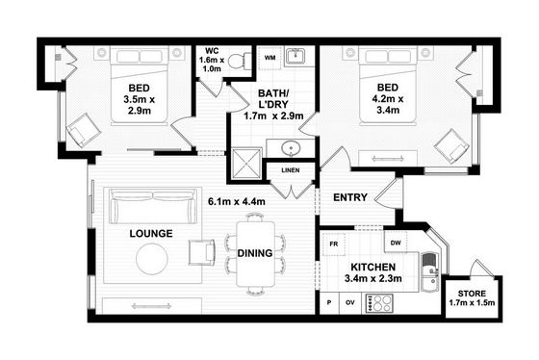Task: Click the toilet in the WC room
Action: (x=240, y=62)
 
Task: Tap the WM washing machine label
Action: (x=269, y=58)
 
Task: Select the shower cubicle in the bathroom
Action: (x=246, y=164)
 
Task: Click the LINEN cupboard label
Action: (x=291, y=170)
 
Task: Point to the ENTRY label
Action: (x=350, y=197)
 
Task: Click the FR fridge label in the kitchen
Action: (x=333, y=244)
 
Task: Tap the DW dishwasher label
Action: (x=396, y=243)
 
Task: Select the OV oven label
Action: (x=350, y=302)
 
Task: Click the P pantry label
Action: (x=329, y=302)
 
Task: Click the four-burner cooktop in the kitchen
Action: (x=379, y=303)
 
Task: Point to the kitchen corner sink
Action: (x=430, y=272)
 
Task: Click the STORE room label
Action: (x=472, y=294)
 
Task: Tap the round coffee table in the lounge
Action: (x=152, y=259)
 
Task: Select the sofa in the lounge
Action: (x=153, y=207)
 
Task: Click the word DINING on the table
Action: (x=255, y=253)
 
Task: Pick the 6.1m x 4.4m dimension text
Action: (x=237, y=201)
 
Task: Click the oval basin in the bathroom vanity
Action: (x=291, y=148)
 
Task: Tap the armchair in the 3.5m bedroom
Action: (x=83, y=130)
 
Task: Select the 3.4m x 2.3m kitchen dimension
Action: (x=373, y=278)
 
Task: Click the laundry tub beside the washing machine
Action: (x=295, y=56)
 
